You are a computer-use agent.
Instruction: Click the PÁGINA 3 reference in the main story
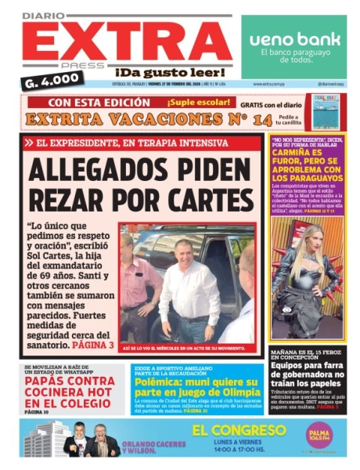(x=93, y=344)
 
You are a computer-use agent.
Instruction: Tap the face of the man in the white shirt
(x=187, y=250)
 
